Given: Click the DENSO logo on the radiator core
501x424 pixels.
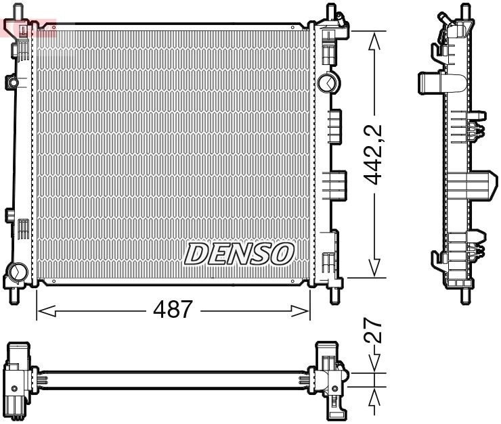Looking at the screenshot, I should pos(240,254).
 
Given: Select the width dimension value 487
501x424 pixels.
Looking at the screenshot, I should pos(172,310).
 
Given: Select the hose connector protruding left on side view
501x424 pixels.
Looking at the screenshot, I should pos(429,82).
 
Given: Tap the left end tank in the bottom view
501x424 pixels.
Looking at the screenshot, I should pos(18,379).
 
